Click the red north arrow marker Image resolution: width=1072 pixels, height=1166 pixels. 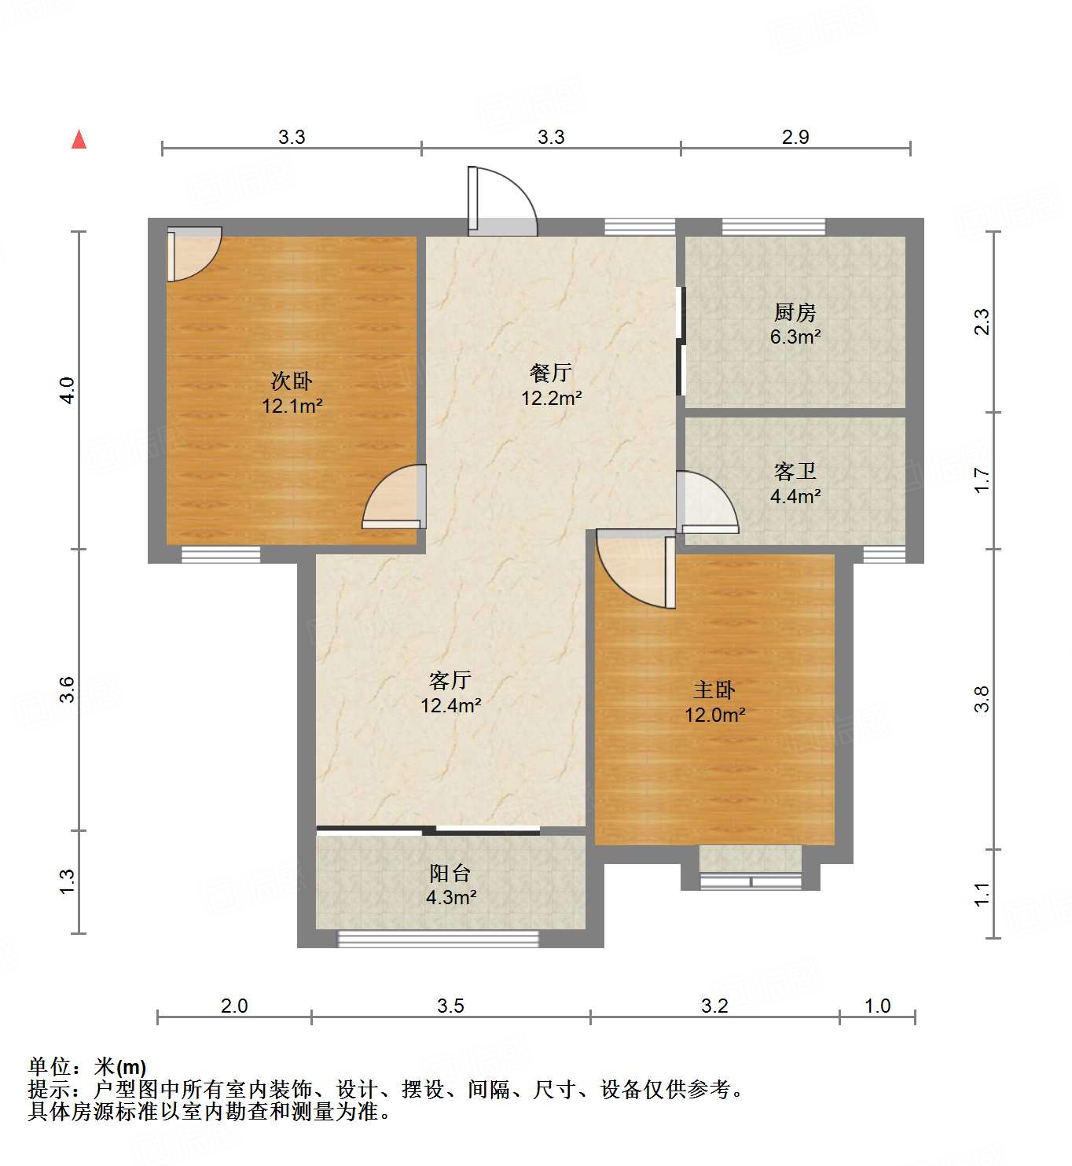click(79, 139)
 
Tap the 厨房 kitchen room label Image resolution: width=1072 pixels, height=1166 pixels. click(795, 313)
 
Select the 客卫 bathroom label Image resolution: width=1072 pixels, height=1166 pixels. click(795, 472)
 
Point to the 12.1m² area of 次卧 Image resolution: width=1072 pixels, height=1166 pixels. click(292, 406)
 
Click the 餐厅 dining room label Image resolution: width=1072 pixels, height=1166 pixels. click(550, 373)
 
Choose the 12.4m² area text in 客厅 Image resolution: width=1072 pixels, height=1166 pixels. click(450, 705)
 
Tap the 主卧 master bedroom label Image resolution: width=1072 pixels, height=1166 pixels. click(714, 690)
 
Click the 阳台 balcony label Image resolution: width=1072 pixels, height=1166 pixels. click(450, 873)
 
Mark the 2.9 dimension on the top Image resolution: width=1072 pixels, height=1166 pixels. click(795, 137)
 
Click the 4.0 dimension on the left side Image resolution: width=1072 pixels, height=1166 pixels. click(68, 391)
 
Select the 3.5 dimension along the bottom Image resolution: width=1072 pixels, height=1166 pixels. click(450, 1006)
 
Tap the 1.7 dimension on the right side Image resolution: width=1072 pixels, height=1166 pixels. click(982, 480)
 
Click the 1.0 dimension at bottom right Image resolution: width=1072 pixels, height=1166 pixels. click(877, 1006)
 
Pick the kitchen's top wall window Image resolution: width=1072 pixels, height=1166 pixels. click(773, 226)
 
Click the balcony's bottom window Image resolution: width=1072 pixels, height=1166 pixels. click(438, 938)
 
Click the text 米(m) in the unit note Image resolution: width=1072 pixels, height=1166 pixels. click(120, 1067)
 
